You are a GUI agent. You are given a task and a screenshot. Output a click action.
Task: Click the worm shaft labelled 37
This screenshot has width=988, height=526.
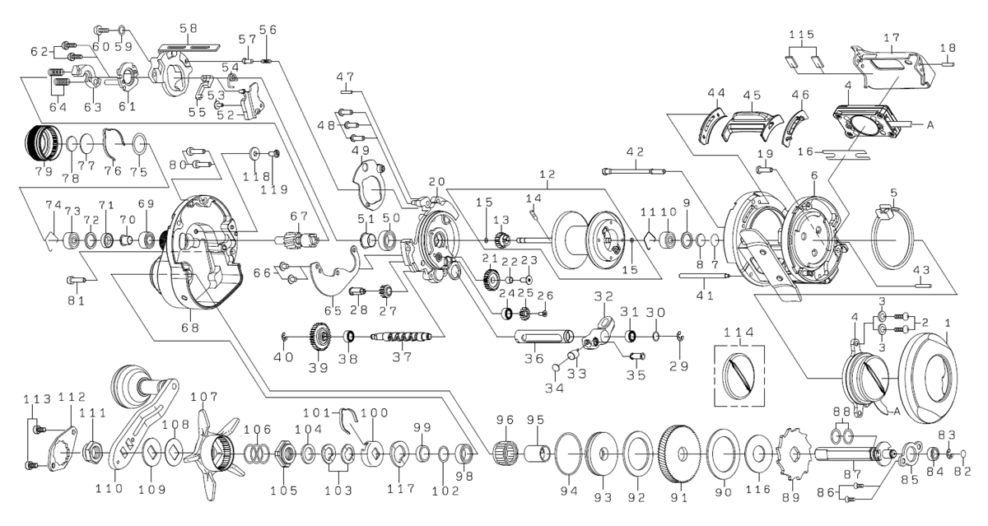403,337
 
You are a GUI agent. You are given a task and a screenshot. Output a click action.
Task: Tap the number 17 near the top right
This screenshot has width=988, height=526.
891,37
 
